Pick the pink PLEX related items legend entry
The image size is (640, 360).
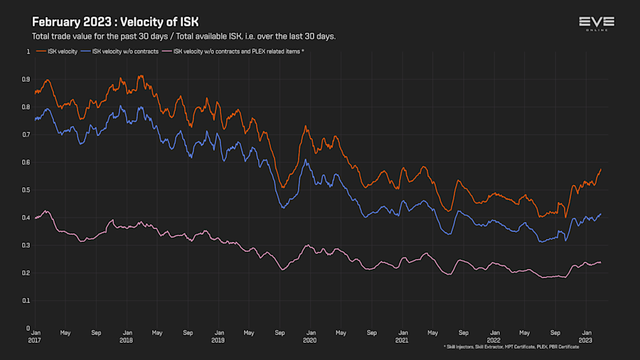(x=233, y=51)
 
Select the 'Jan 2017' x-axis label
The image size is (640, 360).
(x=36, y=336)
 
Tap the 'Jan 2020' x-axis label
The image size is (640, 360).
(x=310, y=336)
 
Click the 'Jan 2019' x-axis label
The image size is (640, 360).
(x=218, y=336)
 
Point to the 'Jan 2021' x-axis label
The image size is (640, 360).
(x=402, y=336)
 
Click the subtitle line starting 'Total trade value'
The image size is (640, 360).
(x=183, y=36)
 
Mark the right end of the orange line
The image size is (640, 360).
(x=601, y=169)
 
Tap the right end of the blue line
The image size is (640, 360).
(x=601, y=214)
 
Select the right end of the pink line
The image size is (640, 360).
(x=601, y=263)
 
